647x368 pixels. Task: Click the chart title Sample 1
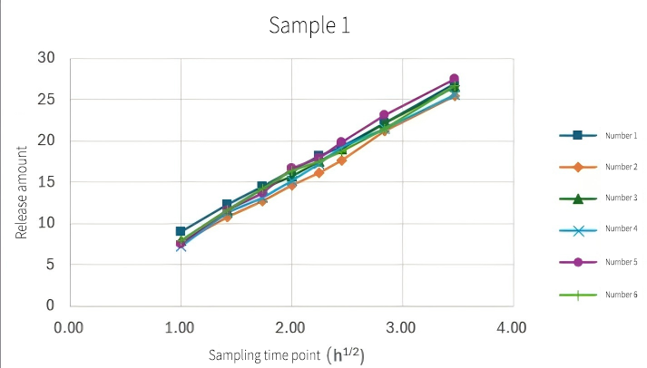pos(309,25)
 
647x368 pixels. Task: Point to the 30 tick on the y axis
pos(46,58)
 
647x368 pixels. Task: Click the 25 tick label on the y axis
pos(46,100)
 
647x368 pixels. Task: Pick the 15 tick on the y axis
pos(46,182)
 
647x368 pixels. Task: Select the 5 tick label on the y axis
pos(50,265)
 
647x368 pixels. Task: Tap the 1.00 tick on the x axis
pos(181,325)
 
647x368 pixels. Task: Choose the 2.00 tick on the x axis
pos(291,325)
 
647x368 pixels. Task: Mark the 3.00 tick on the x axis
pos(402,325)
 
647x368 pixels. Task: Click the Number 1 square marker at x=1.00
pos(181,231)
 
